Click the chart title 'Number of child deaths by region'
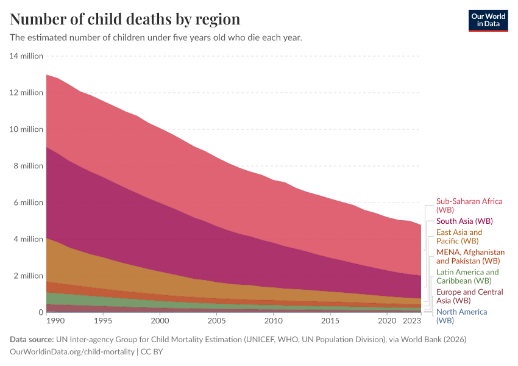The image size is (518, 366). click(x=125, y=19)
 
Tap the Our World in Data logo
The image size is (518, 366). click(x=488, y=20)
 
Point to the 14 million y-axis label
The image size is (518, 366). click(x=26, y=56)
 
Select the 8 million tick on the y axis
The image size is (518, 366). click(x=28, y=166)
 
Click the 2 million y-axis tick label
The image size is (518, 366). click(x=28, y=276)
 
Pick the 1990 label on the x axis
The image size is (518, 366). click(x=55, y=321)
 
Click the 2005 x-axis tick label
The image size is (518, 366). click(x=216, y=321)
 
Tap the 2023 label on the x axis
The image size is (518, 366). click(x=412, y=321)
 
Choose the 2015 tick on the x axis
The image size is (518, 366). click(x=330, y=321)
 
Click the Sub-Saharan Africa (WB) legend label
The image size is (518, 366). click(x=469, y=205)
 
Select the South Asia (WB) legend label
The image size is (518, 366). click(x=464, y=221)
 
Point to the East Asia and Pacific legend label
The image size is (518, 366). click(x=459, y=237)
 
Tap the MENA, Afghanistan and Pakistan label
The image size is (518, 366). click(x=470, y=256)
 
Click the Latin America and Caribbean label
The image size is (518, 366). click(x=467, y=276)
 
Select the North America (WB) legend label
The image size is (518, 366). click(x=461, y=315)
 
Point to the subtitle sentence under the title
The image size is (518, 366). click(x=156, y=37)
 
